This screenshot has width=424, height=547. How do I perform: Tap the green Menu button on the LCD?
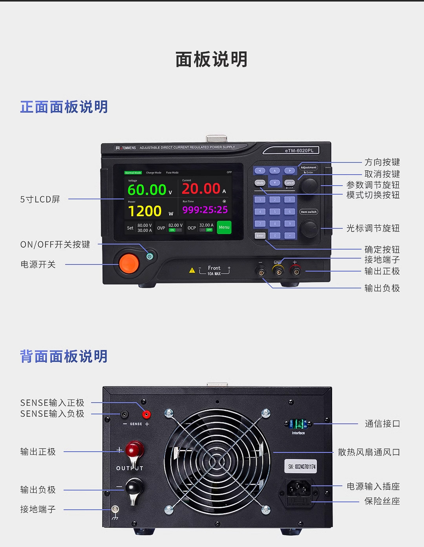[224, 228]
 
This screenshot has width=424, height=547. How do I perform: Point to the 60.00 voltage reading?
[147, 190]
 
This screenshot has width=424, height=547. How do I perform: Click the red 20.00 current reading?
[201, 189]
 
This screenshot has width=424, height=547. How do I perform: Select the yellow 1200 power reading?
[145, 211]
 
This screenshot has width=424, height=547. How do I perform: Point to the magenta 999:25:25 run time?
[205, 210]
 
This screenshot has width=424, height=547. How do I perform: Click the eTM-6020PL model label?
[299, 150]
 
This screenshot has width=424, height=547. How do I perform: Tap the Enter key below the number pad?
[260, 235]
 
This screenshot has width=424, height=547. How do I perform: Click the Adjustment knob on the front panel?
[310, 185]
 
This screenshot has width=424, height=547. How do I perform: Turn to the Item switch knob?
[310, 228]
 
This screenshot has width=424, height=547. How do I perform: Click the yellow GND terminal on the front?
[278, 270]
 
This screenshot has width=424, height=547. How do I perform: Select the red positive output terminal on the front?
[295, 270]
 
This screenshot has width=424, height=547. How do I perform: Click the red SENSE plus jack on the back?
[146, 414]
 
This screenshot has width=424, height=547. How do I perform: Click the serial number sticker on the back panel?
[302, 467]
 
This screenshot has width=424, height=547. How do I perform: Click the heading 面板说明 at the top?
[212, 60]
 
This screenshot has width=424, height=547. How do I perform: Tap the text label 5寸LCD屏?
[40, 199]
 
